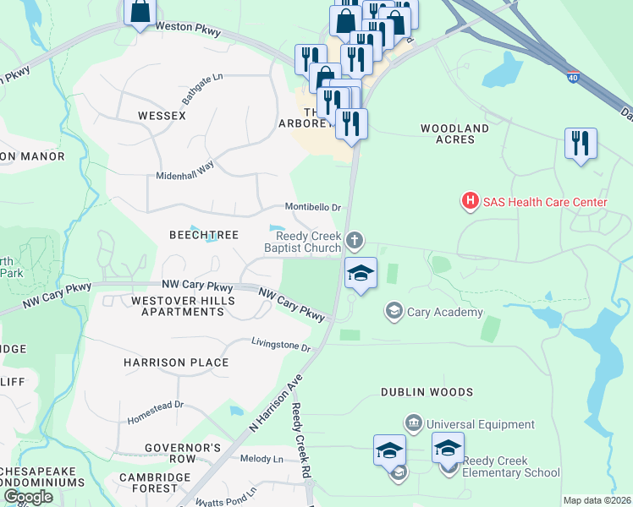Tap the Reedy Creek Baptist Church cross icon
[355, 243]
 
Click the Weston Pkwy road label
[188, 30]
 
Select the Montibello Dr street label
[312, 207]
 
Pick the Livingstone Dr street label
[281, 345]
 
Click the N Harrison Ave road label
[276, 406]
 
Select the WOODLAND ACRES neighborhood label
[455, 134]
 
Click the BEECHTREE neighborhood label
[204, 235]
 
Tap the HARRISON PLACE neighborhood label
[176, 363]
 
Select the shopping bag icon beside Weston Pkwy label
[140, 11]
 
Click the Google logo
[28, 497]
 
